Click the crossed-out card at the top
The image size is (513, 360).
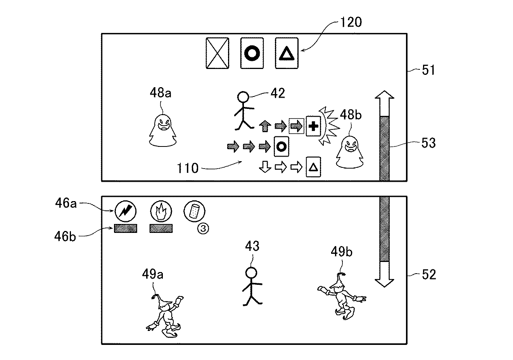click(218, 53)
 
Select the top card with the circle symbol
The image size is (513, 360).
click(252, 53)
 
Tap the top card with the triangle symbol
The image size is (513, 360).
click(287, 53)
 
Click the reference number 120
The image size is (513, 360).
click(351, 22)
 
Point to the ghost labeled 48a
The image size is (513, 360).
click(162, 131)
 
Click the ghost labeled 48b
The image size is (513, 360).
click(350, 152)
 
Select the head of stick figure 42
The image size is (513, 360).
click(243, 97)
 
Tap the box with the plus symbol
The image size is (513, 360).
click(313, 126)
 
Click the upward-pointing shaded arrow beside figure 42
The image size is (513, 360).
click(265, 126)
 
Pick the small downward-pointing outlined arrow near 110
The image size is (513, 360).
click(265, 167)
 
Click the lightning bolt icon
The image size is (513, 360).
click(126, 211)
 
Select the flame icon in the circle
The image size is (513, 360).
click(161, 211)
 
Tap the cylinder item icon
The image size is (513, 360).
click(194, 211)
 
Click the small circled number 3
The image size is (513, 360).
click(203, 228)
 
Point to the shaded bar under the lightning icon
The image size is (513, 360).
click(126, 228)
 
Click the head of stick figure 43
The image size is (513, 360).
click(251, 273)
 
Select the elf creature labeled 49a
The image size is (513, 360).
click(165, 316)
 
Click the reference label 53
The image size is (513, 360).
click(428, 143)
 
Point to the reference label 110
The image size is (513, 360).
click(188, 168)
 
